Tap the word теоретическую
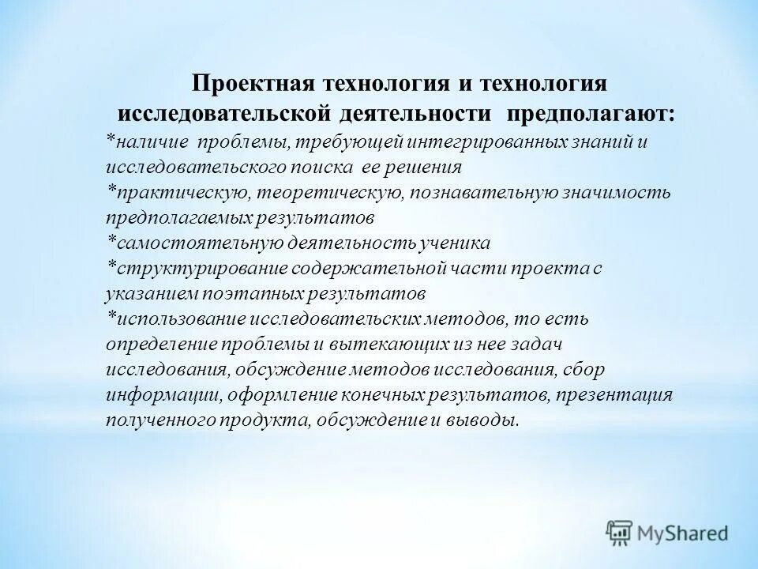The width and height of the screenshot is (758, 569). [x=357, y=192]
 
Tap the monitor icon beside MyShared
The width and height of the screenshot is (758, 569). [x=619, y=531]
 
